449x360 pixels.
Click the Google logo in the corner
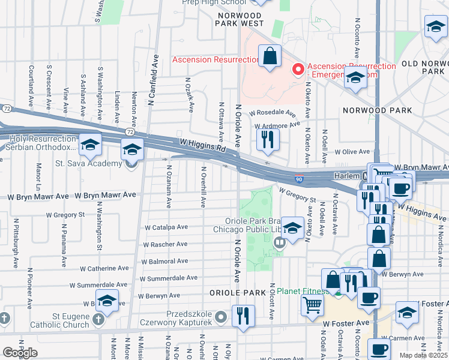coord(20,353)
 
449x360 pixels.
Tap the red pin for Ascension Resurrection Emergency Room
coord(297,70)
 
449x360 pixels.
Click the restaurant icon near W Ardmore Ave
coord(267,139)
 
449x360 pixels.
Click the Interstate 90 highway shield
coord(298,179)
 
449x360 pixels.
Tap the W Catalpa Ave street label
coord(166,227)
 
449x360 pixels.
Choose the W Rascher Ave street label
coord(165,244)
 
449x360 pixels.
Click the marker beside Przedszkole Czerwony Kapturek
coord(221,316)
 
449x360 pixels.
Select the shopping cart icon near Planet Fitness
coord(312,305)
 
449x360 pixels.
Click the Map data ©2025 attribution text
coord(423,355)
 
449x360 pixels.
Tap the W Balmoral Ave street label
coord(164,262)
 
